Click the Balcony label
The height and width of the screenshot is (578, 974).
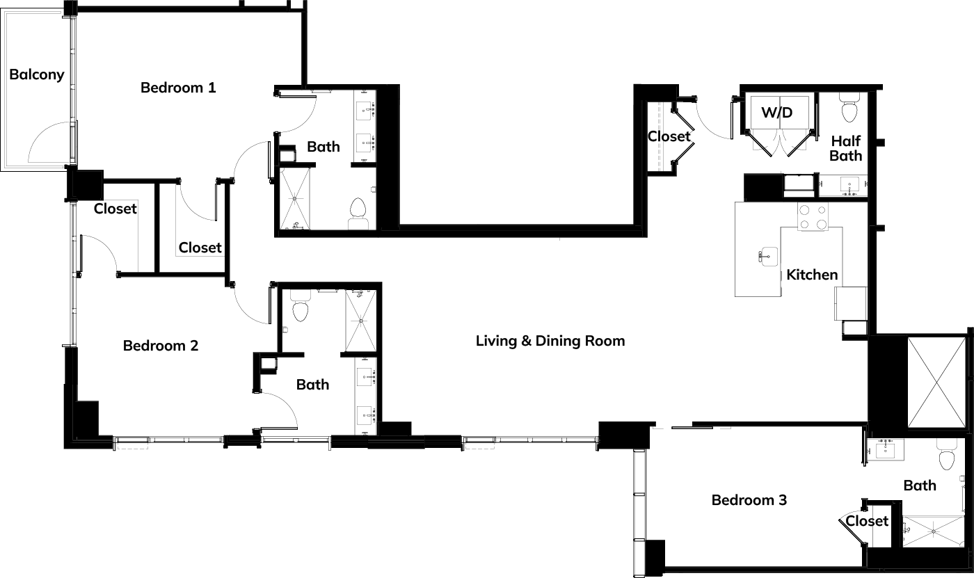coord(36,74)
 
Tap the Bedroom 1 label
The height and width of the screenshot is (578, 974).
coord(178,88)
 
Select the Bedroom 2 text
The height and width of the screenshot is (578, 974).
coord(161,346)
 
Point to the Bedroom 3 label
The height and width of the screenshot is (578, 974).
coord(749,500)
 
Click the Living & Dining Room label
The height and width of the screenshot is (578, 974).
coord(550,341)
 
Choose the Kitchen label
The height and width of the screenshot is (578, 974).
coord(812,275)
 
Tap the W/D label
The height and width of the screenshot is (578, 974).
coord(777,113)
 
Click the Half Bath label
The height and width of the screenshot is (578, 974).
coord(846,148)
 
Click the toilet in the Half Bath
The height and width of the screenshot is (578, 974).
coord(849,107)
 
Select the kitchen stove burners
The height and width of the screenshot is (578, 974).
coord(813,217)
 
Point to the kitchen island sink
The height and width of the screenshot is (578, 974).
coord(768,257)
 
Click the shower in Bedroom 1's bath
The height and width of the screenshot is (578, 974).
coord(294,199)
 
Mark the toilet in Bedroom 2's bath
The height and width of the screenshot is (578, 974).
coord(301,306)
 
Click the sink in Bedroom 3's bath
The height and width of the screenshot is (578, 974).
coord(885,449)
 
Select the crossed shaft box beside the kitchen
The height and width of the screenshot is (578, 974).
coord(936,382)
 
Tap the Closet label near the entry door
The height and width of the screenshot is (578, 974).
coord(669,136)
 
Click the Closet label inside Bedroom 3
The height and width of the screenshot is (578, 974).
coord(867,521)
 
